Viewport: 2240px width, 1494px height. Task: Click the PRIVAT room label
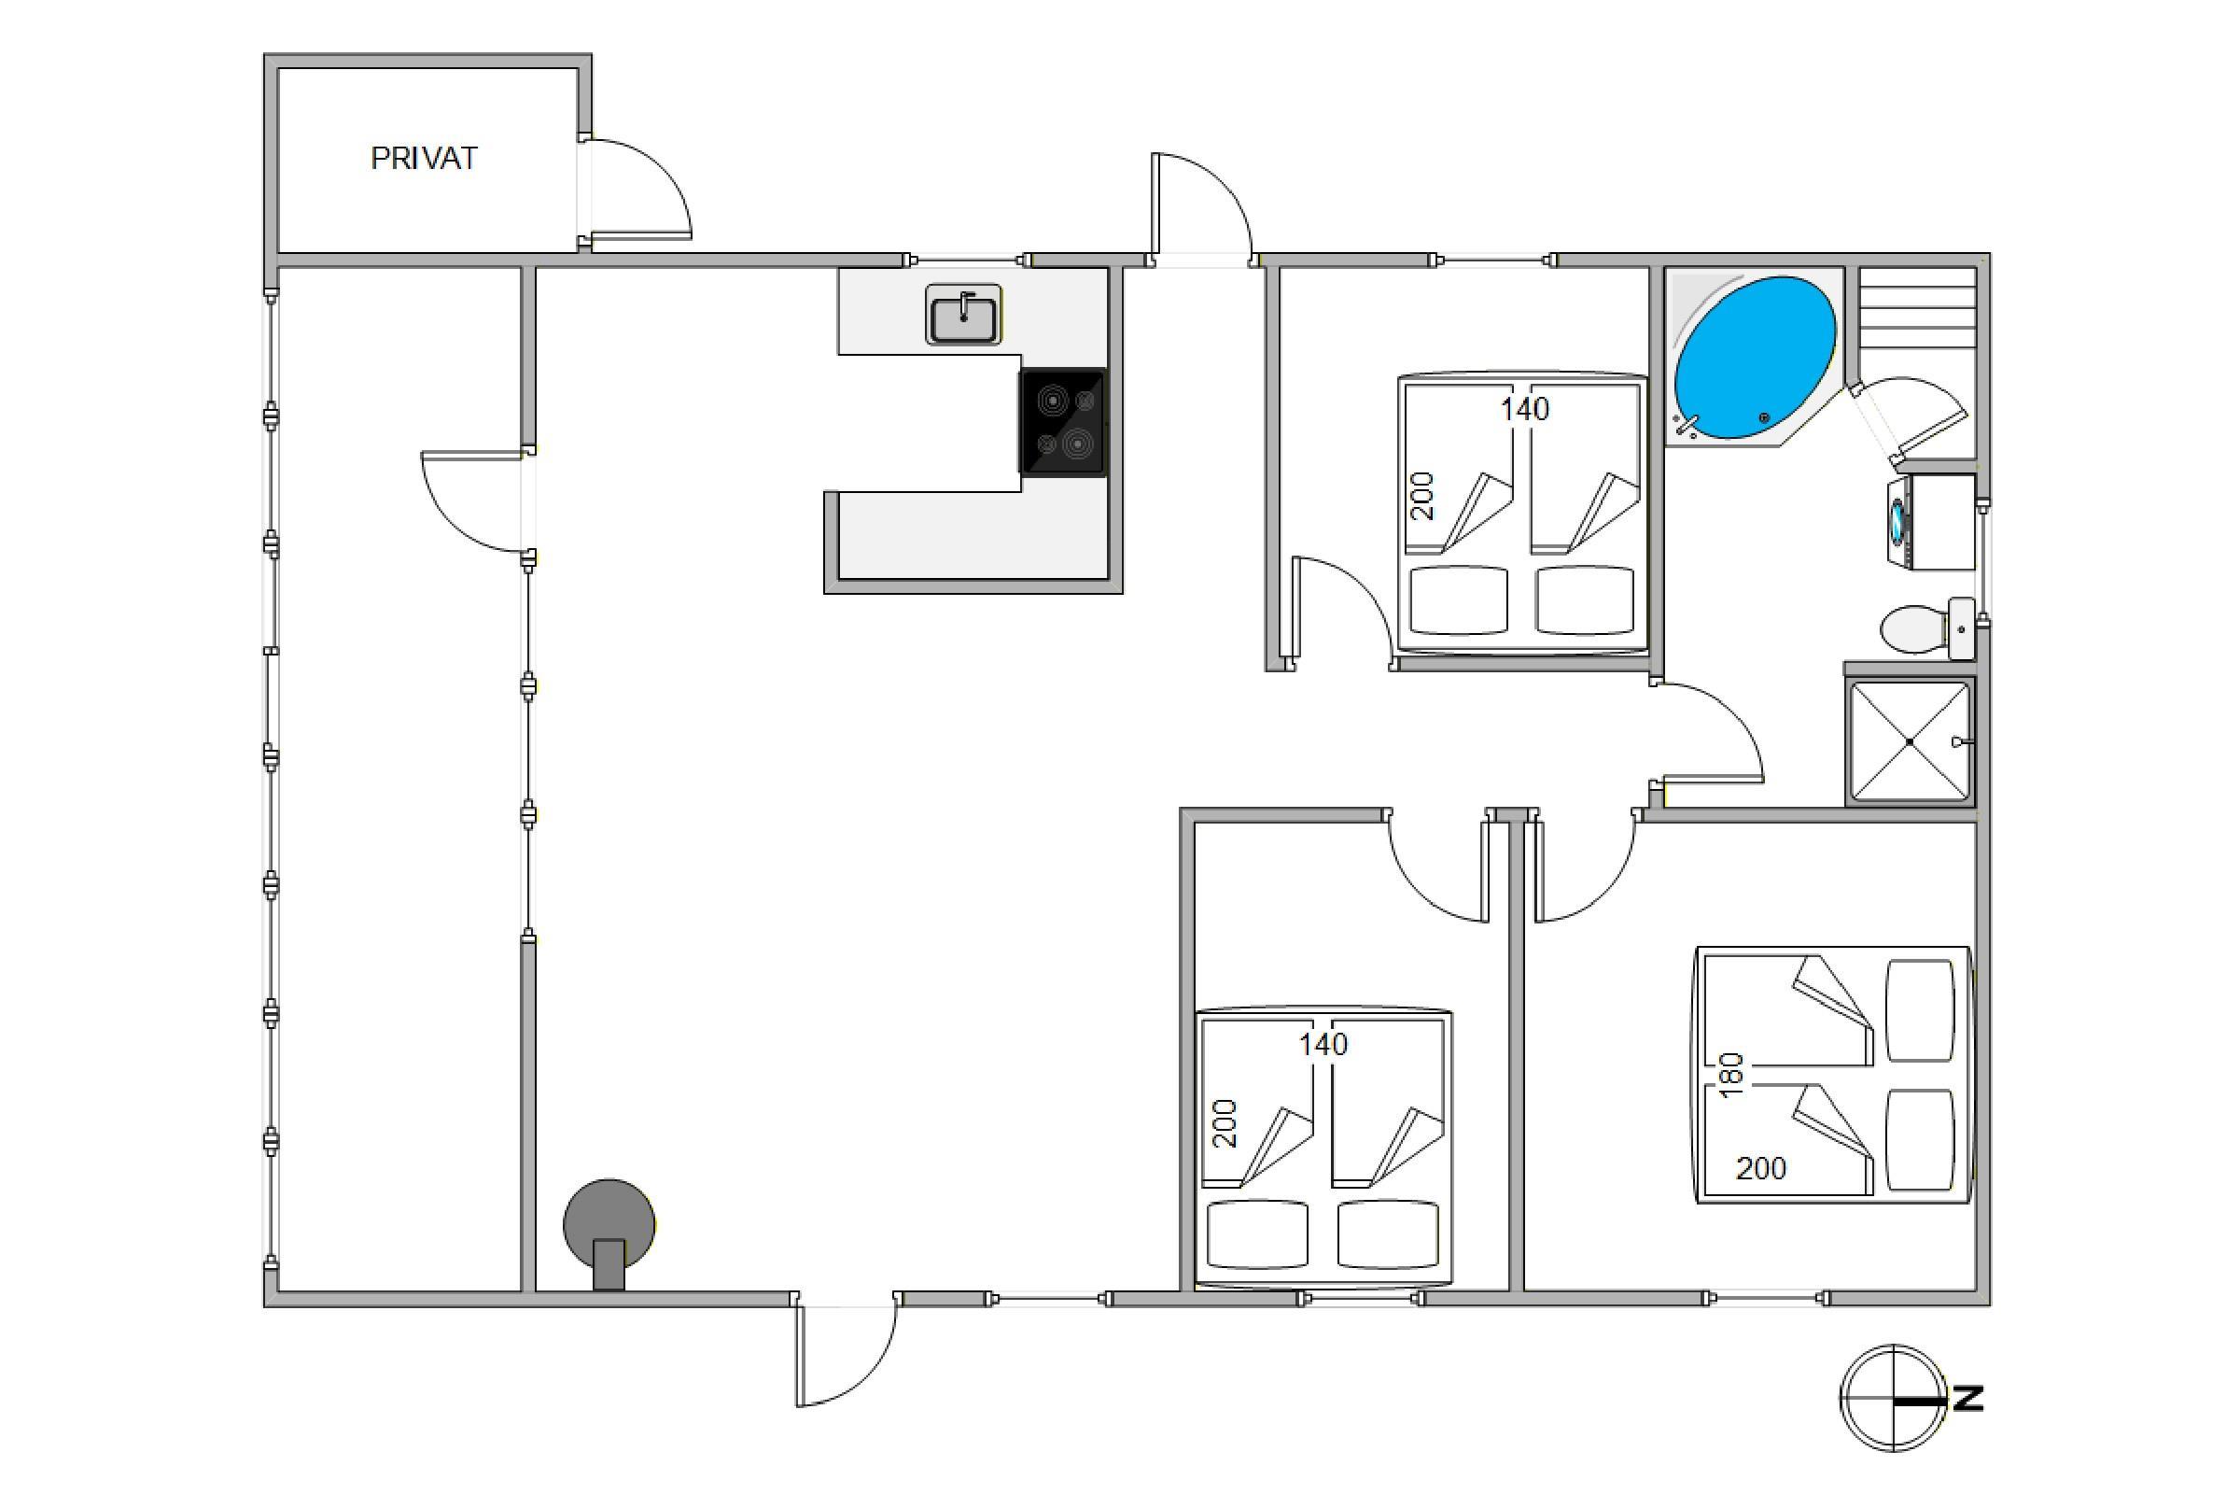[x=423, y=158]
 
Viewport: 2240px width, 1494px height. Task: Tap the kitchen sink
[x=963, y=315]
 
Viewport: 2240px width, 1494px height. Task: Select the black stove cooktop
[x=1063, y=422]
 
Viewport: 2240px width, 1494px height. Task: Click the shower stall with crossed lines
[x=1909, y=741]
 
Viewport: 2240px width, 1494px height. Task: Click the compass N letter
[x=1967, y=1399]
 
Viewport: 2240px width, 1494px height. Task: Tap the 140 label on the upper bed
[x=1525, y=410]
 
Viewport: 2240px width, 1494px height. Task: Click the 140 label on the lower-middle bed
[x=1323, y=1045]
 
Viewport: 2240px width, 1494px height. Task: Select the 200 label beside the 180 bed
[x=1761, y=1168]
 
